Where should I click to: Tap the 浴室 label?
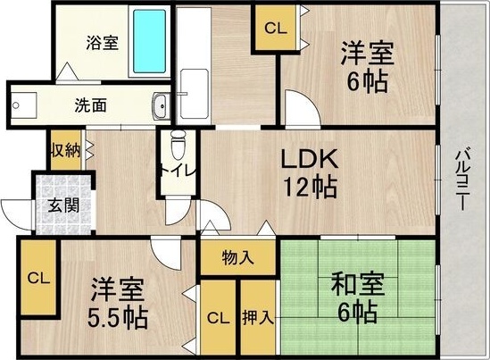click(x=101, y=42)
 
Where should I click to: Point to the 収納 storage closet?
click(x=66, y=149)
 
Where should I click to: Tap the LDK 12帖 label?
click(x=309, y=173)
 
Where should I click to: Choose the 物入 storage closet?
click(x=238, y=258)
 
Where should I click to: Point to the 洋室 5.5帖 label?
click(x=118, y=304)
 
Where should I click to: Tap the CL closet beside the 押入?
click(x=218, y=317)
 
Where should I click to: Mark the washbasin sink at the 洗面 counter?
click(x=160, y=105)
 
